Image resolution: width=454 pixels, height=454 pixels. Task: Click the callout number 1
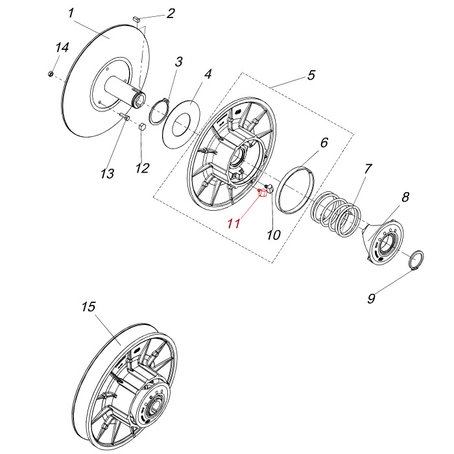[71, 13]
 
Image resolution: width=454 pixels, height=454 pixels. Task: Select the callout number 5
[311, 75]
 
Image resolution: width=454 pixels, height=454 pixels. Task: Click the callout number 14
[62, 48]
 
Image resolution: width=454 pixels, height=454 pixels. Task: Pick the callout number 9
[372, 298]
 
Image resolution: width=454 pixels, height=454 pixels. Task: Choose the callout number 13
[107, 174]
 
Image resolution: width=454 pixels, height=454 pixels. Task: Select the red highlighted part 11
[263, 193]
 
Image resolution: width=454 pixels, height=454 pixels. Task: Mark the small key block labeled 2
[136, 20]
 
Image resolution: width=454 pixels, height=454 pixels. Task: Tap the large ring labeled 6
[295, 188]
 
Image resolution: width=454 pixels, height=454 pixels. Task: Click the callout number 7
[368, 169]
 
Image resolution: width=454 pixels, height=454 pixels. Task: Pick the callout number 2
[170, 13]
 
